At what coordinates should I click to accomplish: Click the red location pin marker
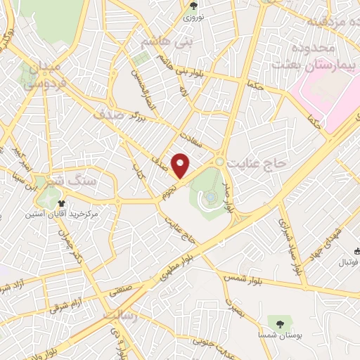(181, 165)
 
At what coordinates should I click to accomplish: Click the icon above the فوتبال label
(357, 252)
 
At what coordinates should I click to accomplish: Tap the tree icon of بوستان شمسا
(280, 324)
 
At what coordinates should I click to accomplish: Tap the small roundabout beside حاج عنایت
(220, 162)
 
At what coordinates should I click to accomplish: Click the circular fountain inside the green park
(209, 199)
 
